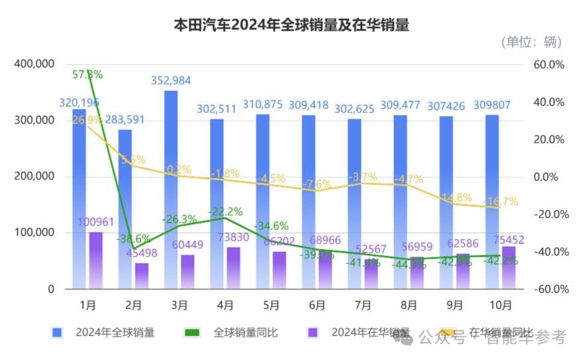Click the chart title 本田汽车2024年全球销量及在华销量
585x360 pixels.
291,25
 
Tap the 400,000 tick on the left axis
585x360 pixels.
33,64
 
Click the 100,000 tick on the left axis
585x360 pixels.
33,233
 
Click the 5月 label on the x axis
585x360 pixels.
271,306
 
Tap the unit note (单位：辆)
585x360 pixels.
530,42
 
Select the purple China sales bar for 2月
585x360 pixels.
142,276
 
